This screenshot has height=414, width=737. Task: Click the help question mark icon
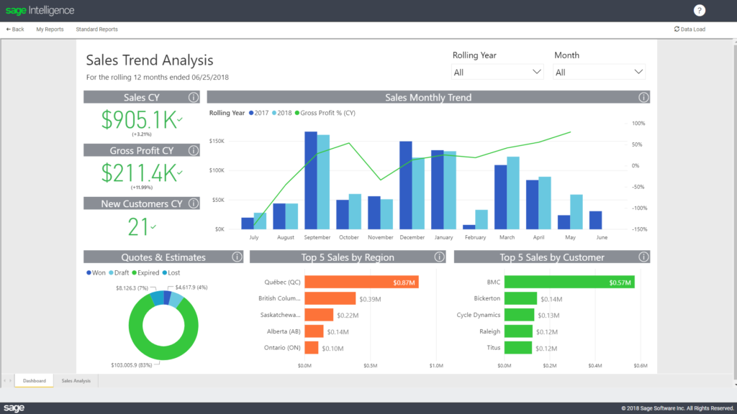coord(699,10)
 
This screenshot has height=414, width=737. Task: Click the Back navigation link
coord(15,29)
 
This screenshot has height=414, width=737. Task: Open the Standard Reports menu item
coord(96,29)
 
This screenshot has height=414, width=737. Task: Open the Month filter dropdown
coord(599,72)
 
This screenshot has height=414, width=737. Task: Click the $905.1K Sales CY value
coord(139,120)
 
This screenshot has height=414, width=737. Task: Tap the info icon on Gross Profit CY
coord(193,150)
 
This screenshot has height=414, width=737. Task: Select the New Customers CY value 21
coord(138,226)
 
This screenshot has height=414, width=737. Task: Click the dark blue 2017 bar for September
coord(311,180)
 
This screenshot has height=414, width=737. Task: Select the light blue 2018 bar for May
coord(577,211)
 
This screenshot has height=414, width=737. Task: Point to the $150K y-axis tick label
coord(216,141)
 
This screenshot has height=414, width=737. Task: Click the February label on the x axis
coord(475,236)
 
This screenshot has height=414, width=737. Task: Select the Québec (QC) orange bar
coord(361,282)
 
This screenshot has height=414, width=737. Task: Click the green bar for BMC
coord(569,282)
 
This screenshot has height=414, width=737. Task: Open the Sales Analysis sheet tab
coord(76,380)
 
